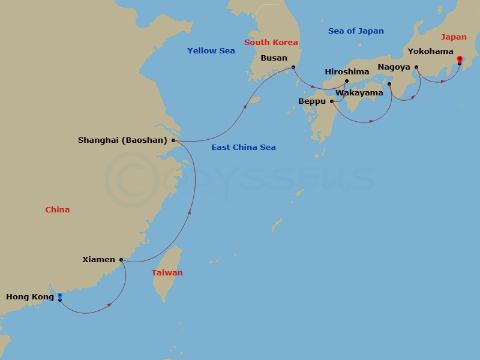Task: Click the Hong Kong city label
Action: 29,296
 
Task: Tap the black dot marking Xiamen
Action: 121,260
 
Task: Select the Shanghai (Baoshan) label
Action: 122,140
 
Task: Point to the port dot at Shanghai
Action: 173,140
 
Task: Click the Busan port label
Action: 274,58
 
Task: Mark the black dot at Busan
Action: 293,67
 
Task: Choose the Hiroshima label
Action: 347,72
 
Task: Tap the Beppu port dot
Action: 332,101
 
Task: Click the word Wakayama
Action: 359,93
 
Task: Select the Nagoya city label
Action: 394,67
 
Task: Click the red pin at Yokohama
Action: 460,59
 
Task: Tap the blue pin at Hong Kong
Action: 59,296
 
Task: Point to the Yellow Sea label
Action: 211,51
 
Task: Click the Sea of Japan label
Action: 356,31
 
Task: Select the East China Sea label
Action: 243,148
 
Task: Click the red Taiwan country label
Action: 167,273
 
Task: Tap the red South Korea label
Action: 271,43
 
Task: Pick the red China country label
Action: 58,210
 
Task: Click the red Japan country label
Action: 454,37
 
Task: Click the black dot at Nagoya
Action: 416,67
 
